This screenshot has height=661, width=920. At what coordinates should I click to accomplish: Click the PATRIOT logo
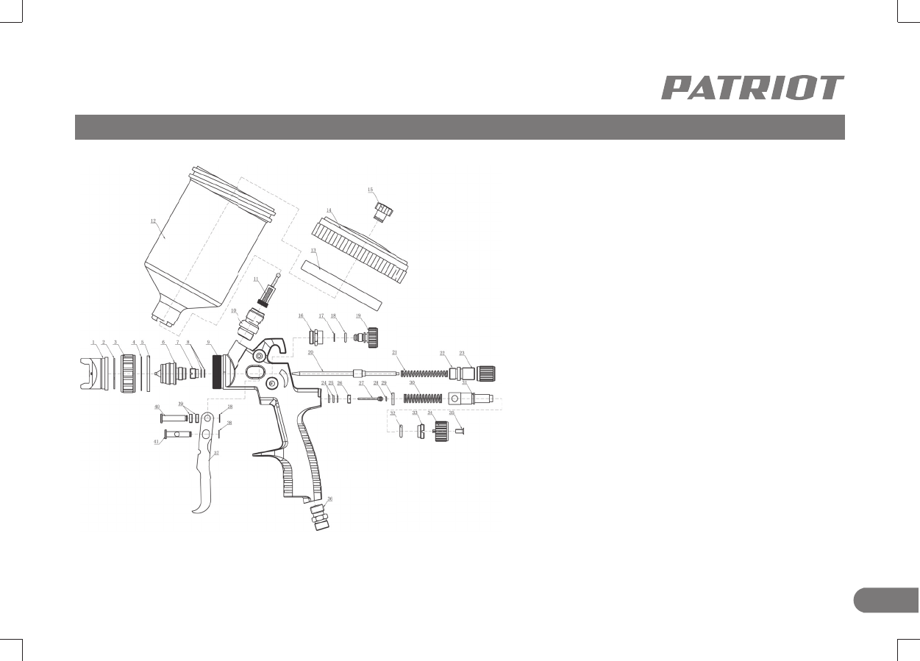(x=752, y=87)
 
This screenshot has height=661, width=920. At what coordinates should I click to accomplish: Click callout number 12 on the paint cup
(x=153, y=220)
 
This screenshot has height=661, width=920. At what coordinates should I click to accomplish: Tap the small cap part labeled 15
(x=384, y=210)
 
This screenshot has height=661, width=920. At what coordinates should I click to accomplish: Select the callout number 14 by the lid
(x=330, y=210)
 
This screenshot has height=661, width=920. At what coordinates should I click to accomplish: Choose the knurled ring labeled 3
(x=129, y=373)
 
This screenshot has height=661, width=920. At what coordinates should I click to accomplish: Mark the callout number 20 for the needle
(x=310, y=353)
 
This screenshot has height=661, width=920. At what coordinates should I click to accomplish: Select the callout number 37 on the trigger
(x=216, y=454)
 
